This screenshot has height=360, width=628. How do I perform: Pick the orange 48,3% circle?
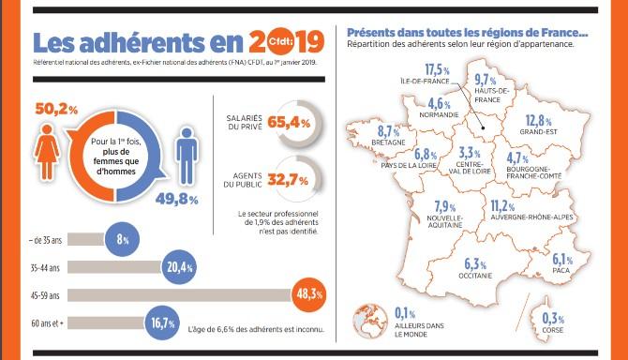coord(309,293)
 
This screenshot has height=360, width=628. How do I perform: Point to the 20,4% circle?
coord(178,267)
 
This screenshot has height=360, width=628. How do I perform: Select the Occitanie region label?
coord(477,277)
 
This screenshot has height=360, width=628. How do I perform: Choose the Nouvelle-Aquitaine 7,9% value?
coord(444,207)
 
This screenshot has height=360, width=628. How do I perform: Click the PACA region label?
coord(561,273)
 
